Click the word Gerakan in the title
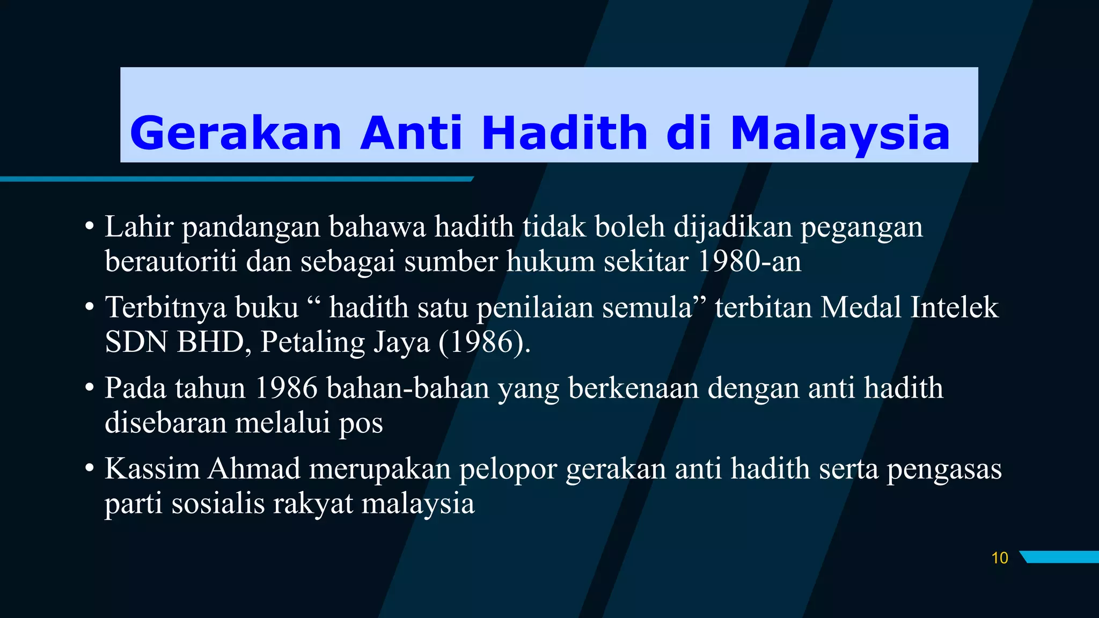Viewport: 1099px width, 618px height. tap(236, 133)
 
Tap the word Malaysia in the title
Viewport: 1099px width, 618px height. tap(840, 133)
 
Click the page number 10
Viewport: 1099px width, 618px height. tap(999, 558)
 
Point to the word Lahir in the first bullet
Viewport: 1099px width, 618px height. tap(139, 226)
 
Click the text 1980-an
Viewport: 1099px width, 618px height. tap(749, 261)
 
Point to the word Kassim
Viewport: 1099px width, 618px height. tap(152, 468)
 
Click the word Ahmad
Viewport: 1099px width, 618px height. tap(254, 468)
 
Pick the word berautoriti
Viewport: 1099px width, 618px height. tap(171, 261)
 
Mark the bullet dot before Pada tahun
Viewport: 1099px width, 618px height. tap(90, 388)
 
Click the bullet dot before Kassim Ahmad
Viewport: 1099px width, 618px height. tap(90, 469)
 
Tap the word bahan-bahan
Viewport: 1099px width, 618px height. tap(407, 388)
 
